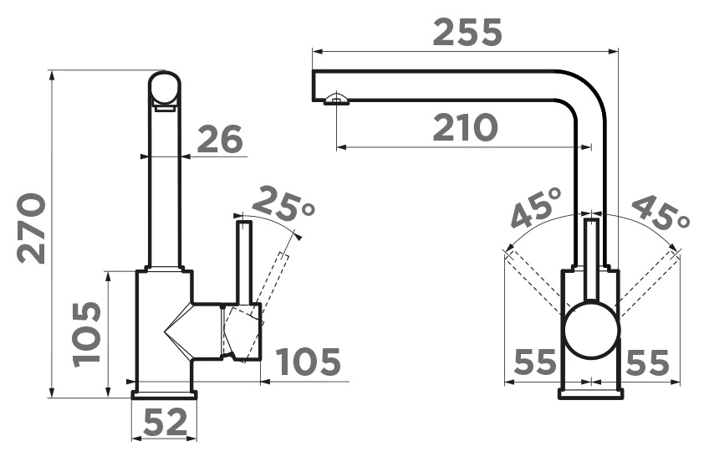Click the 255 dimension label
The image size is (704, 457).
[x=467, y=32]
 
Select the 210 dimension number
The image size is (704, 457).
[x=466, y=127]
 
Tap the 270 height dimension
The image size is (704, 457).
[x=32, y=228]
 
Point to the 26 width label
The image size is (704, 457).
[x=220, y=138]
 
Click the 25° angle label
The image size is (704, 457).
[x=283, y=203]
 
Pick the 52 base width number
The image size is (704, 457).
[x=165, y=422]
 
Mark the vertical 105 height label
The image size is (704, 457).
[x=86, y=334]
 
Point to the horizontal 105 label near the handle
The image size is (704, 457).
[x=308, y=362]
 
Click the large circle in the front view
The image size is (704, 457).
[x=592, y=330]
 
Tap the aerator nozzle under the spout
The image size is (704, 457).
[x=336, y=99]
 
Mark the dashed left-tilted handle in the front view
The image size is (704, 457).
[x=534, y=282]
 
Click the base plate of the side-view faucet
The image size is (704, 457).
[x=165, y=394]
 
